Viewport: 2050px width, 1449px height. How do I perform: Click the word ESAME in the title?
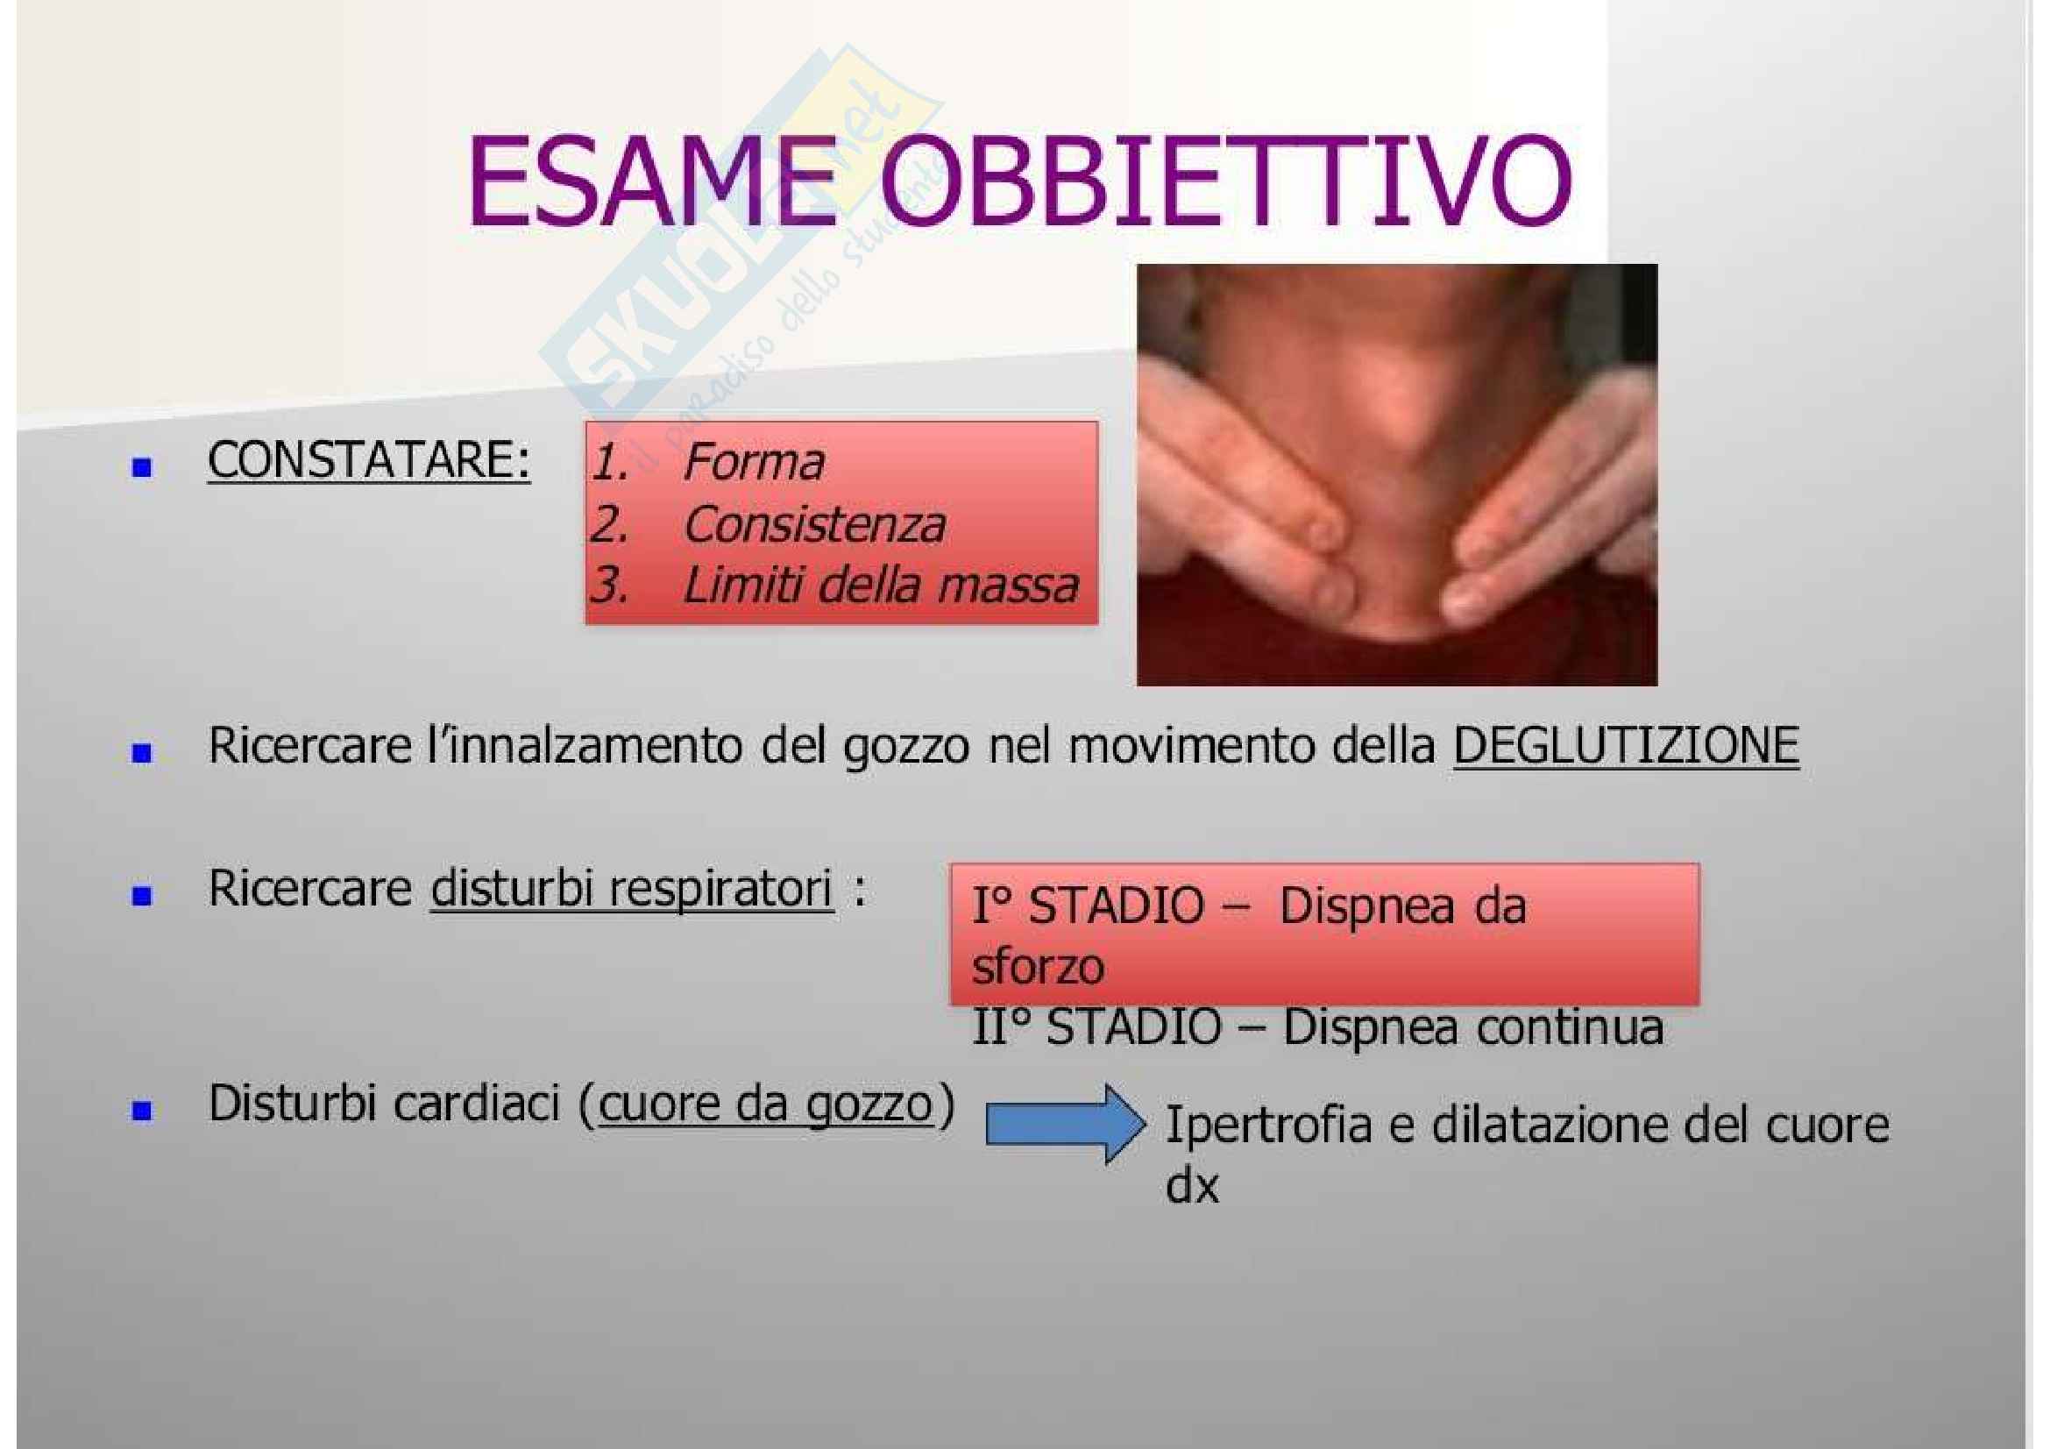click(x=652, y=182)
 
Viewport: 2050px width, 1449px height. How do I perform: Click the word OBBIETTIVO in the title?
click(x=1225, y=182)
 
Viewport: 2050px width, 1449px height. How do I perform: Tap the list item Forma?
click(x=754, y=463)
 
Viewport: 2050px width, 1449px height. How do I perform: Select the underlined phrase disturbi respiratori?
click(x=631, y=889)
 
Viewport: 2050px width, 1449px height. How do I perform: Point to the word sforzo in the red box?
click(x=1038, y=966)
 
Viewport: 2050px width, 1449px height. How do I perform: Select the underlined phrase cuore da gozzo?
click(x=765, y=1105)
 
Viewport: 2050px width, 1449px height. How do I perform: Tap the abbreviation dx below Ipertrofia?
click(x=1192, y=1186)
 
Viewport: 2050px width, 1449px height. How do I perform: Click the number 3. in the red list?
click(x=610, y=586)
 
